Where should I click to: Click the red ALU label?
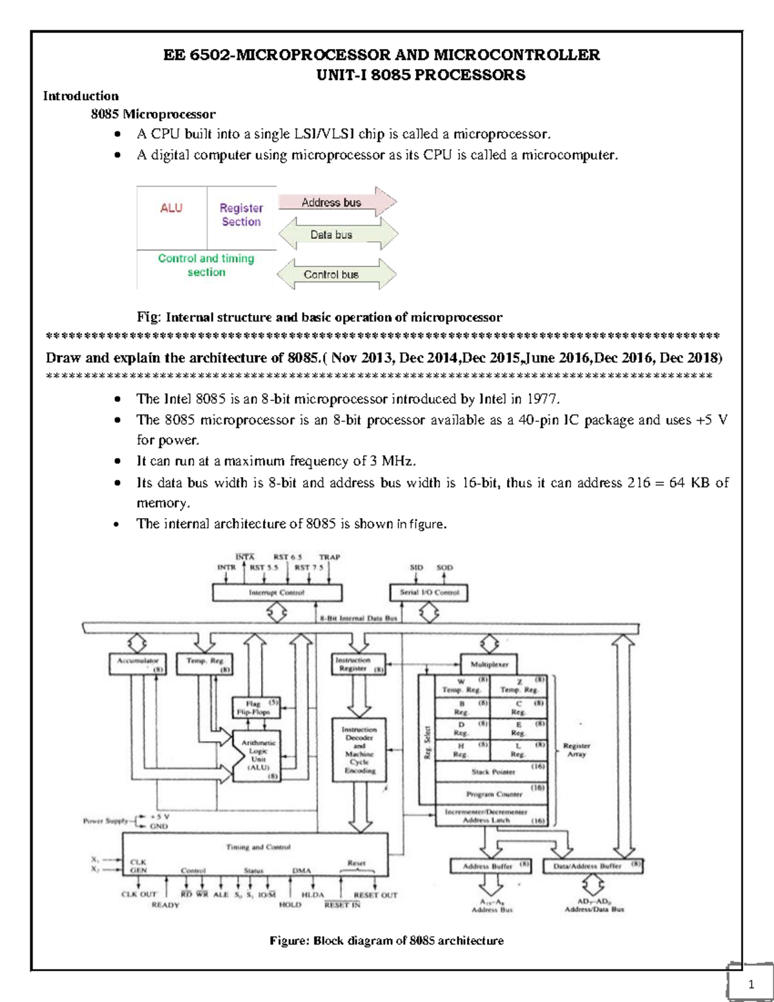[x=172, y=208]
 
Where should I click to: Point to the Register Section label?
[x=241, y=215]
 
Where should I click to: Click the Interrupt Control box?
[x=277, y=592]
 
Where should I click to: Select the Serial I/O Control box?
[x=429, y=592]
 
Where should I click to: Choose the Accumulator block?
[x=137, y=664]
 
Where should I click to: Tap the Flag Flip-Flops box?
[x=256, y=708]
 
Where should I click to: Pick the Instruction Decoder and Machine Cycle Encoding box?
[x=359, y=750]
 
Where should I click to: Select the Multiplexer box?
[x=489, y=664]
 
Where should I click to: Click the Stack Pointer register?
[x=493, y=772]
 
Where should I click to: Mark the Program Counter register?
[x=493, y=794]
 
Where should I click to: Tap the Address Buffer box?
[x=490, y=866]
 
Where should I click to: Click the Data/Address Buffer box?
[x=593, y=866]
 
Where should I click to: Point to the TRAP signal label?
[x=329, y=557]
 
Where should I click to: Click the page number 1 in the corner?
[x=751, y=984]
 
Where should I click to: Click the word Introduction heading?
[x=81, y=96]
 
